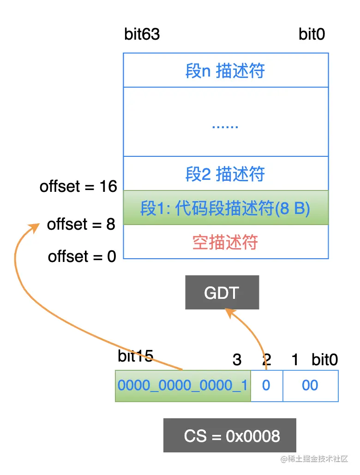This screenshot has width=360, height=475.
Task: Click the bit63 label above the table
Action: pyautogui.click(x=142, y=35)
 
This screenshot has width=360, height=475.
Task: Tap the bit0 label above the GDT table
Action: pyautogui.click(x=312, y=35)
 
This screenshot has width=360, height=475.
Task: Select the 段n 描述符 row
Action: pyautogui.click(x=225, y=71)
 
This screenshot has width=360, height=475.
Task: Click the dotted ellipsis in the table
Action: pyautogui.click(x=225, y=125)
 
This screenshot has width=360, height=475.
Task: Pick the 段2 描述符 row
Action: pyautogui.click(x=225, y=174)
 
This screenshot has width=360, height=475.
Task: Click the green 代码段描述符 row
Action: pyautogui.click(x=225, y=208)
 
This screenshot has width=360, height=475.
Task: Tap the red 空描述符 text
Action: pyautogui.click(x=225, y=242)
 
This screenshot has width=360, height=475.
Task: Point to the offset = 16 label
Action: pyautogui.click(x=78, y=187)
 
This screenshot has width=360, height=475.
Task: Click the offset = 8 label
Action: pyautogui.click(x=81, y=225)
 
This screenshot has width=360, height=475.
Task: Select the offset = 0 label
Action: pyautogui.click(x=82, y=256)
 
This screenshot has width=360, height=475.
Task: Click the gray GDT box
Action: pyautogui.click(x=222, y=292)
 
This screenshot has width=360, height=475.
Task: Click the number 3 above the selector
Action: pyautogui.click(x=237, y=360)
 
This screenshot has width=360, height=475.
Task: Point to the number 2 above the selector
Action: pyautogui.click(x=266, y=360)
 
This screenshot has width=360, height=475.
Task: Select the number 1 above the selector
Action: pyautogui.click(x=295, y=360)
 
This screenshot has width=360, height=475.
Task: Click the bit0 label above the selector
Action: pyautogui.click(x=324, y=360)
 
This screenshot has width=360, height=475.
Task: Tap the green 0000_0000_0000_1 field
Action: pyautogui.click(x=183, y=385)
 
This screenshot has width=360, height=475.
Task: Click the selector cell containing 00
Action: pyautogui.click(x=310, y=385)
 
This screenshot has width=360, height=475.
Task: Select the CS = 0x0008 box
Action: pyautogui.click(x=229, y=435)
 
